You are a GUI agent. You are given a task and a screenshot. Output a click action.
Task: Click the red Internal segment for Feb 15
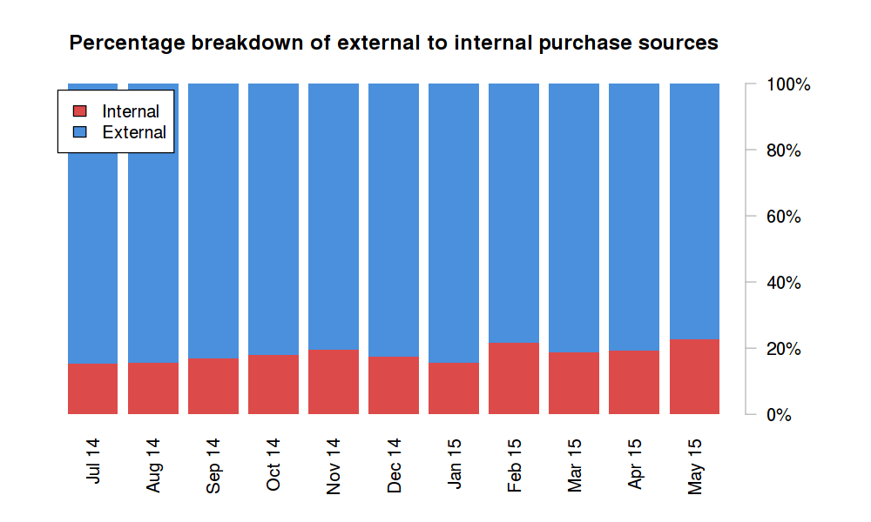click(514, 378)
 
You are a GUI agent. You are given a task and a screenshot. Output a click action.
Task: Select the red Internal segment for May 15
click(694, 377)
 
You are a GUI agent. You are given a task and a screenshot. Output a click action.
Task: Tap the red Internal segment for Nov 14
click(334, 382)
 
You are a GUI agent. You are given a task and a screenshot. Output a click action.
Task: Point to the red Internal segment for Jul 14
click(92, 389)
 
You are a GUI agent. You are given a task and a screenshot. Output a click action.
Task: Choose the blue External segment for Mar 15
click(574, 217)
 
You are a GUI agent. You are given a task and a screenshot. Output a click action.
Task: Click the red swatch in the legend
click(80, 111)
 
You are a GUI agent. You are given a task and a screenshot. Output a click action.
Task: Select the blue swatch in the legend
click(80, 132)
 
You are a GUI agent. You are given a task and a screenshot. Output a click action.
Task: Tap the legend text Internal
click(131, 111)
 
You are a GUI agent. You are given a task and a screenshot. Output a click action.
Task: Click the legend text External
click(134, 132)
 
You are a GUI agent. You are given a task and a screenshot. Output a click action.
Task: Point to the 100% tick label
click(789, 85)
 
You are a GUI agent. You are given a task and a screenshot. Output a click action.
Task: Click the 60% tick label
click(784, 217)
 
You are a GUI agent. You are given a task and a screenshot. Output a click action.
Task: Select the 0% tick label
click(780, 415)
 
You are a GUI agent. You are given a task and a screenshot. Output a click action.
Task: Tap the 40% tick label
click(784, 283)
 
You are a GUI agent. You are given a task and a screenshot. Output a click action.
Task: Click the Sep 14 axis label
click(213, 465)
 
